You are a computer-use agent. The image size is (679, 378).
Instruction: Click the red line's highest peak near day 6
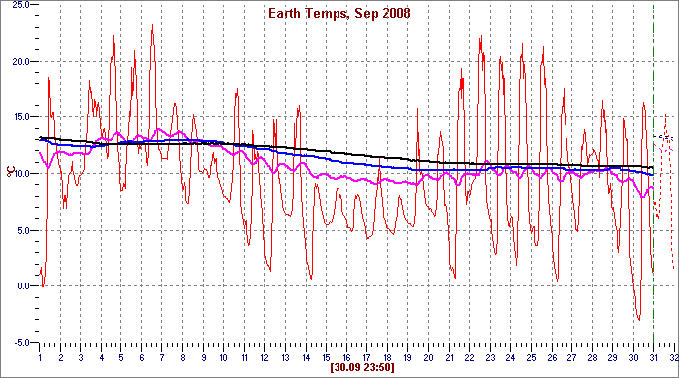click(152, 26)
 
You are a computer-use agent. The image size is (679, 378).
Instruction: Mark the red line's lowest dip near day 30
click(639, 320)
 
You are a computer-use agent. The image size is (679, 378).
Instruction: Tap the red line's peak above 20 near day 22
click(481, 37)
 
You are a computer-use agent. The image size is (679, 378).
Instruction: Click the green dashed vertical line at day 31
click(653, 199)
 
